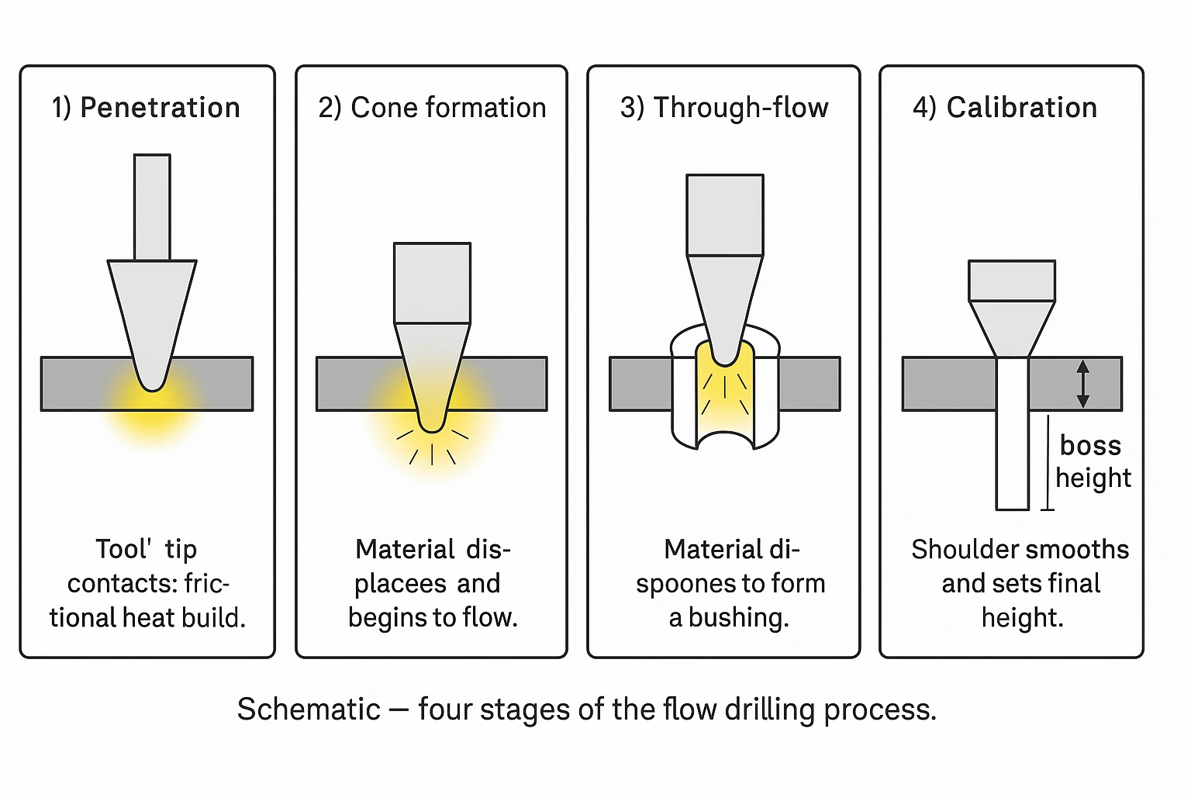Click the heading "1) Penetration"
pos(146,108)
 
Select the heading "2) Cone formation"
pos(432,108)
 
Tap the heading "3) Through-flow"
pos(724,108)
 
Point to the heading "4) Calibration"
pos(1005,108)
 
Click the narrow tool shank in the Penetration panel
pos(152,207)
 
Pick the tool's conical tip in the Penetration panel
pos(152,318)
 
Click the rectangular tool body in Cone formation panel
pos(432,283)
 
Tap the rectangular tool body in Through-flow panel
pos(725,215)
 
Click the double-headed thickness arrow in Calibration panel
pos(1083,384)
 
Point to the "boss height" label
pos(1093,461)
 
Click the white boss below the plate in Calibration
pos(1013,457)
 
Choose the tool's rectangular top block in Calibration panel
pos(1012,281)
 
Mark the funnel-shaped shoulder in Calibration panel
pos(1012,326)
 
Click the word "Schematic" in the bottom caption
pos(309,709)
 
